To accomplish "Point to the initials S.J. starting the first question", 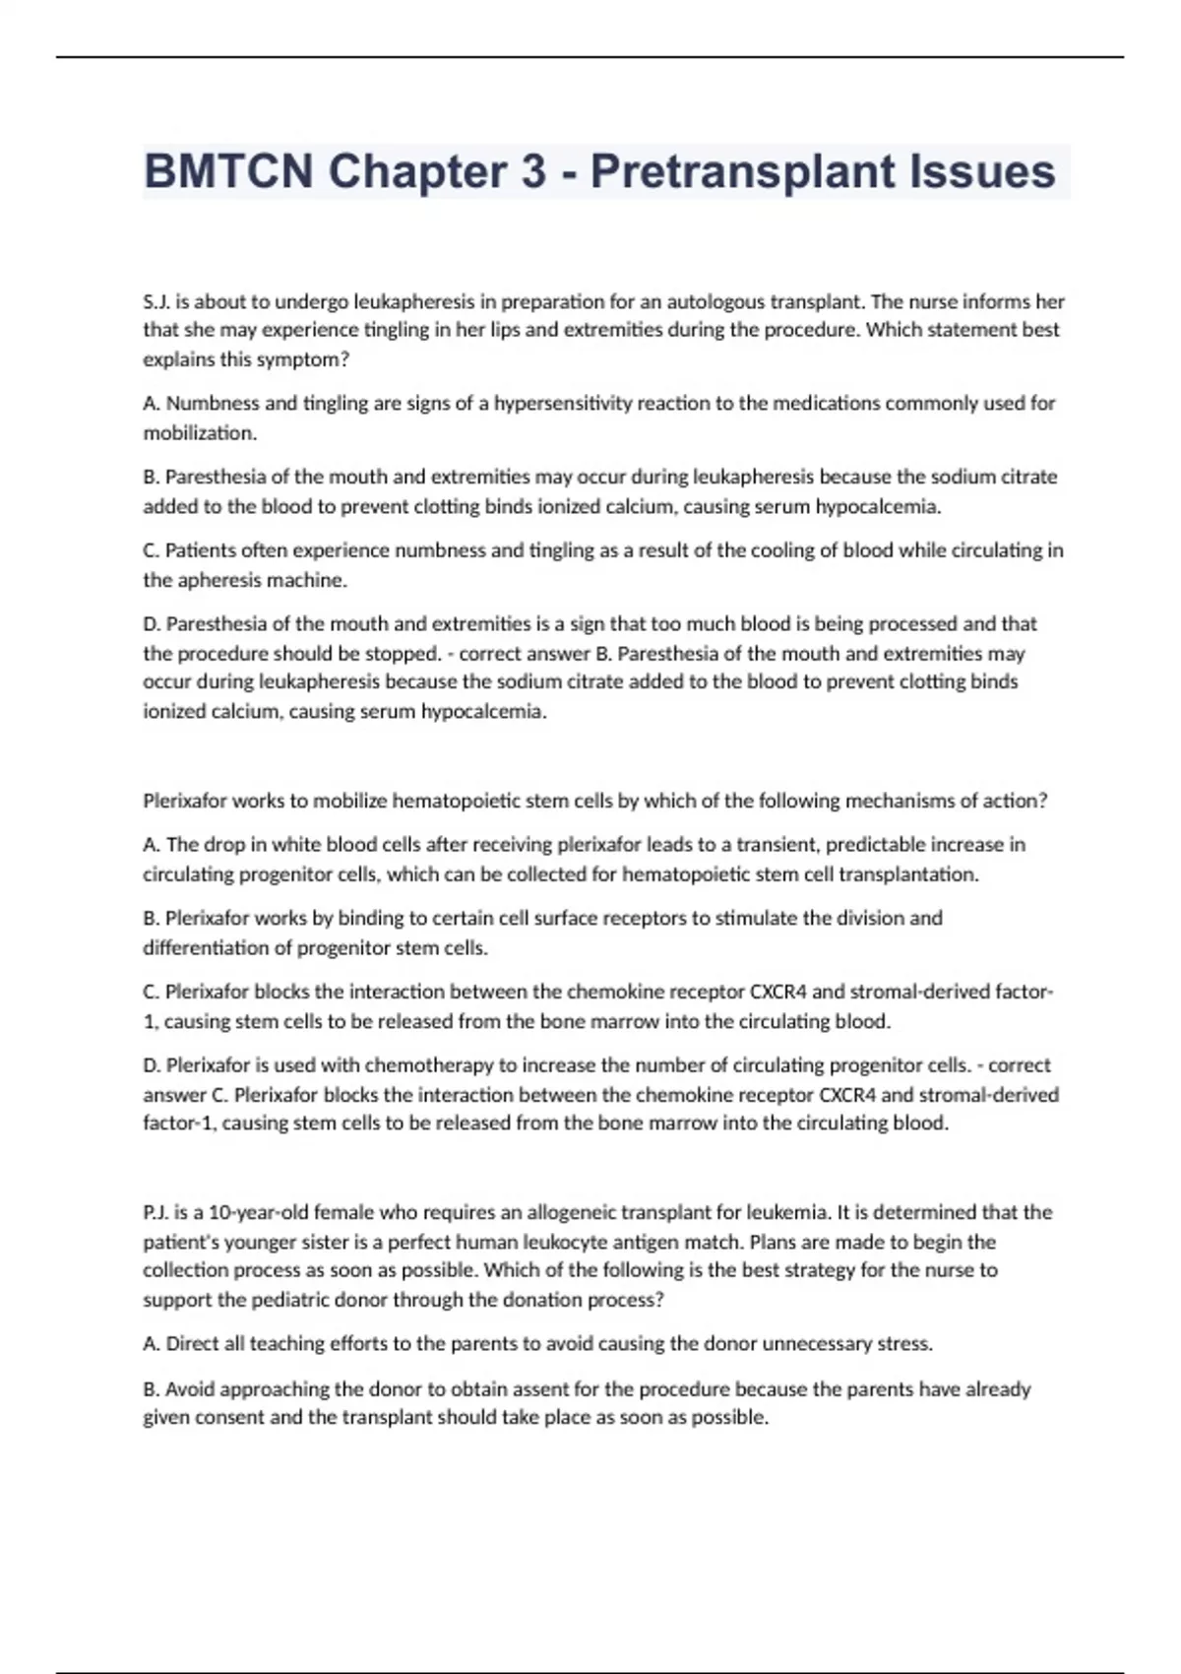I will [x=156, y=301].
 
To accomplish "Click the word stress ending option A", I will [x=906, y=1343].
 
